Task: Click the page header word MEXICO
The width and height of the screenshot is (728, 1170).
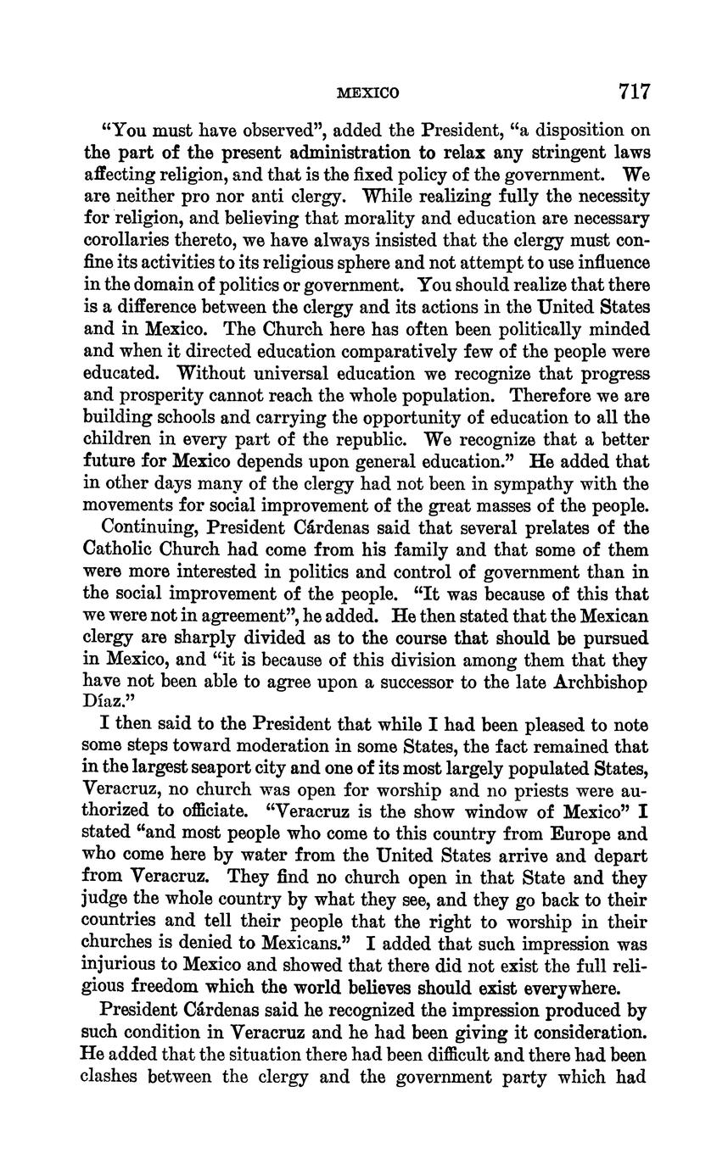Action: pos(367,92)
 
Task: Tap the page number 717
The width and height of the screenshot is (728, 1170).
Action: pos(629,91)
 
